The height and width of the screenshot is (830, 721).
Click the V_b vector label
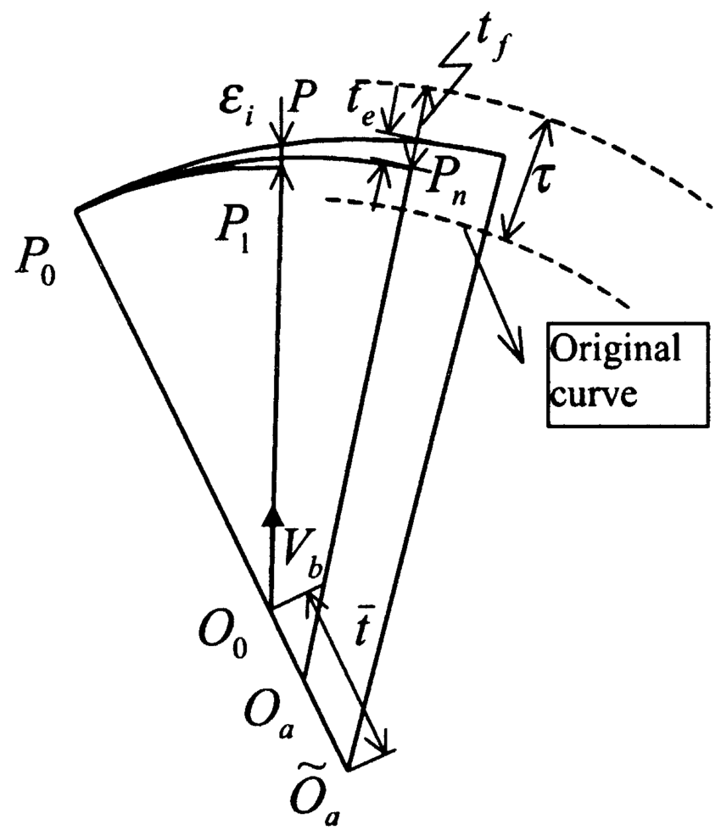pos(301,559)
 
